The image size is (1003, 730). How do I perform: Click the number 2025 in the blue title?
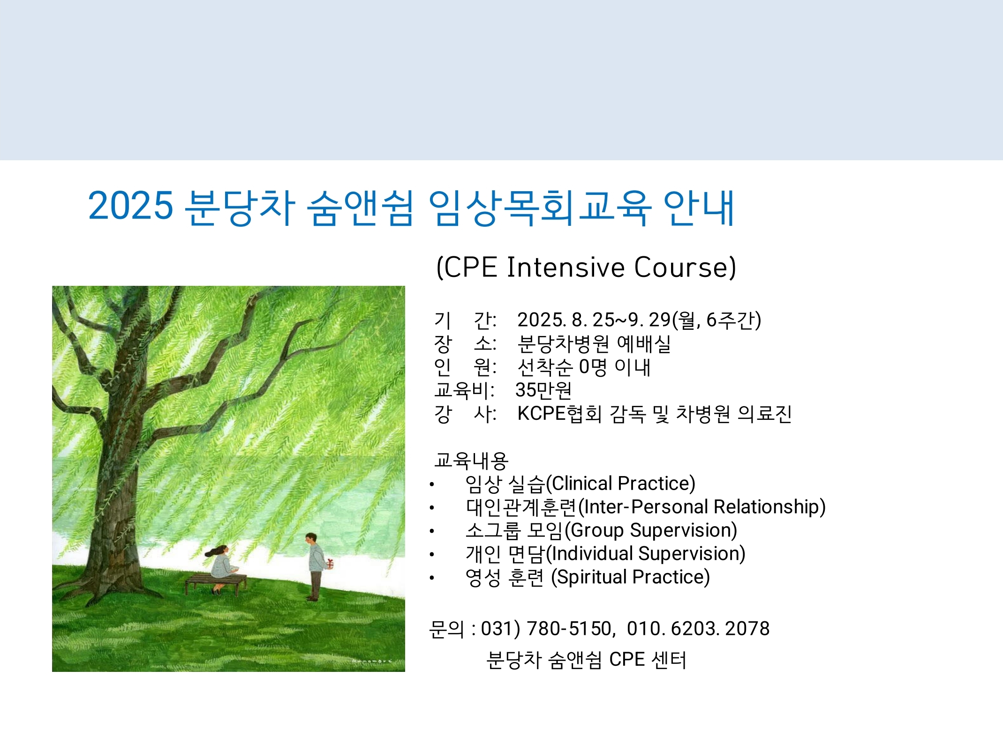[130, 206]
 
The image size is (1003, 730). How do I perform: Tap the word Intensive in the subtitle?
[566, 268]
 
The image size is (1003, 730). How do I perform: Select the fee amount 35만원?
[543, 390]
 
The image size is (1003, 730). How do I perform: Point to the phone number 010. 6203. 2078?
[698, 629]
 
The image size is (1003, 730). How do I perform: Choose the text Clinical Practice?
[621, 484]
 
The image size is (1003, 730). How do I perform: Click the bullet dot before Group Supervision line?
[432, 531]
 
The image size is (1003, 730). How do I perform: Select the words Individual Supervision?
[646, 554]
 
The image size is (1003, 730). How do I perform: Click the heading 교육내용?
[471, 461]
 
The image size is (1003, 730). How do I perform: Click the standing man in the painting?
[314, 567]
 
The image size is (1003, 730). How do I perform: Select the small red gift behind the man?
[331, 564]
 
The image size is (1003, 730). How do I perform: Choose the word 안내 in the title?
[699, 208]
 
